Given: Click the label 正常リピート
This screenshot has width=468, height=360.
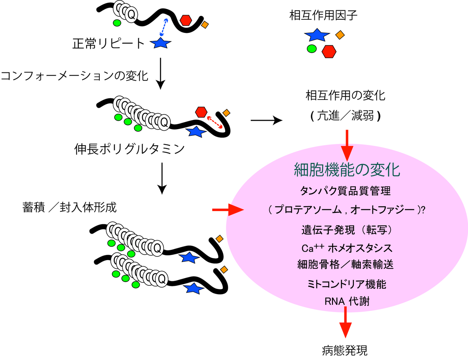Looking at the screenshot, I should [x=109, y=44].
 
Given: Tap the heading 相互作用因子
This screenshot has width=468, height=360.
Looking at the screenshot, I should [x=323, y=15].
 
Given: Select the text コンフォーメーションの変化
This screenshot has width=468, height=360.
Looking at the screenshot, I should [x=75, y=76].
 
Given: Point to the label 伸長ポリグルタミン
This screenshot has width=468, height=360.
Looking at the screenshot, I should [x=129, y=149].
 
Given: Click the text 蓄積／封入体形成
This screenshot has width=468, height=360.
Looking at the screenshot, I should [x=69, y=207].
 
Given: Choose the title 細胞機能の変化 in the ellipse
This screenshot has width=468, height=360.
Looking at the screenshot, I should [x=347, y=170].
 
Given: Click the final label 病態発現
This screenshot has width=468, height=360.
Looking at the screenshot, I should [x=344, y=350].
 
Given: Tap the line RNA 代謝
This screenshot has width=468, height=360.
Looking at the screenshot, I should [x=347, y=301].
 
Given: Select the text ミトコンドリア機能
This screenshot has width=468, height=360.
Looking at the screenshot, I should [x=347, y=284].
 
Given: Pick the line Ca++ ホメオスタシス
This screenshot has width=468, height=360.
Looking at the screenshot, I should [x=347, y=248].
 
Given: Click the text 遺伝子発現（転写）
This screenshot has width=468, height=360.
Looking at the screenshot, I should [x=347, y=230].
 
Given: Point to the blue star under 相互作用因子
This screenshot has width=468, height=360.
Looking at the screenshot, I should [x=317, y=35].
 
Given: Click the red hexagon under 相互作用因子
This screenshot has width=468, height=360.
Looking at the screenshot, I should [x=329, y=52].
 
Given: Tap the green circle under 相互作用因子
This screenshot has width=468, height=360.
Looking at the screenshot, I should [x=312, y=48].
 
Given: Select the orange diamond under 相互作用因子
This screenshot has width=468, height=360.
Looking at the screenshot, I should [x=340, y=35].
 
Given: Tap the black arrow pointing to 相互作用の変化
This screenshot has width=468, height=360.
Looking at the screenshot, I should [x=267, y=120].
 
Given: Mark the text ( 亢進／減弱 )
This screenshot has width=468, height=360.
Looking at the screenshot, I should [x=345, y=116].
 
